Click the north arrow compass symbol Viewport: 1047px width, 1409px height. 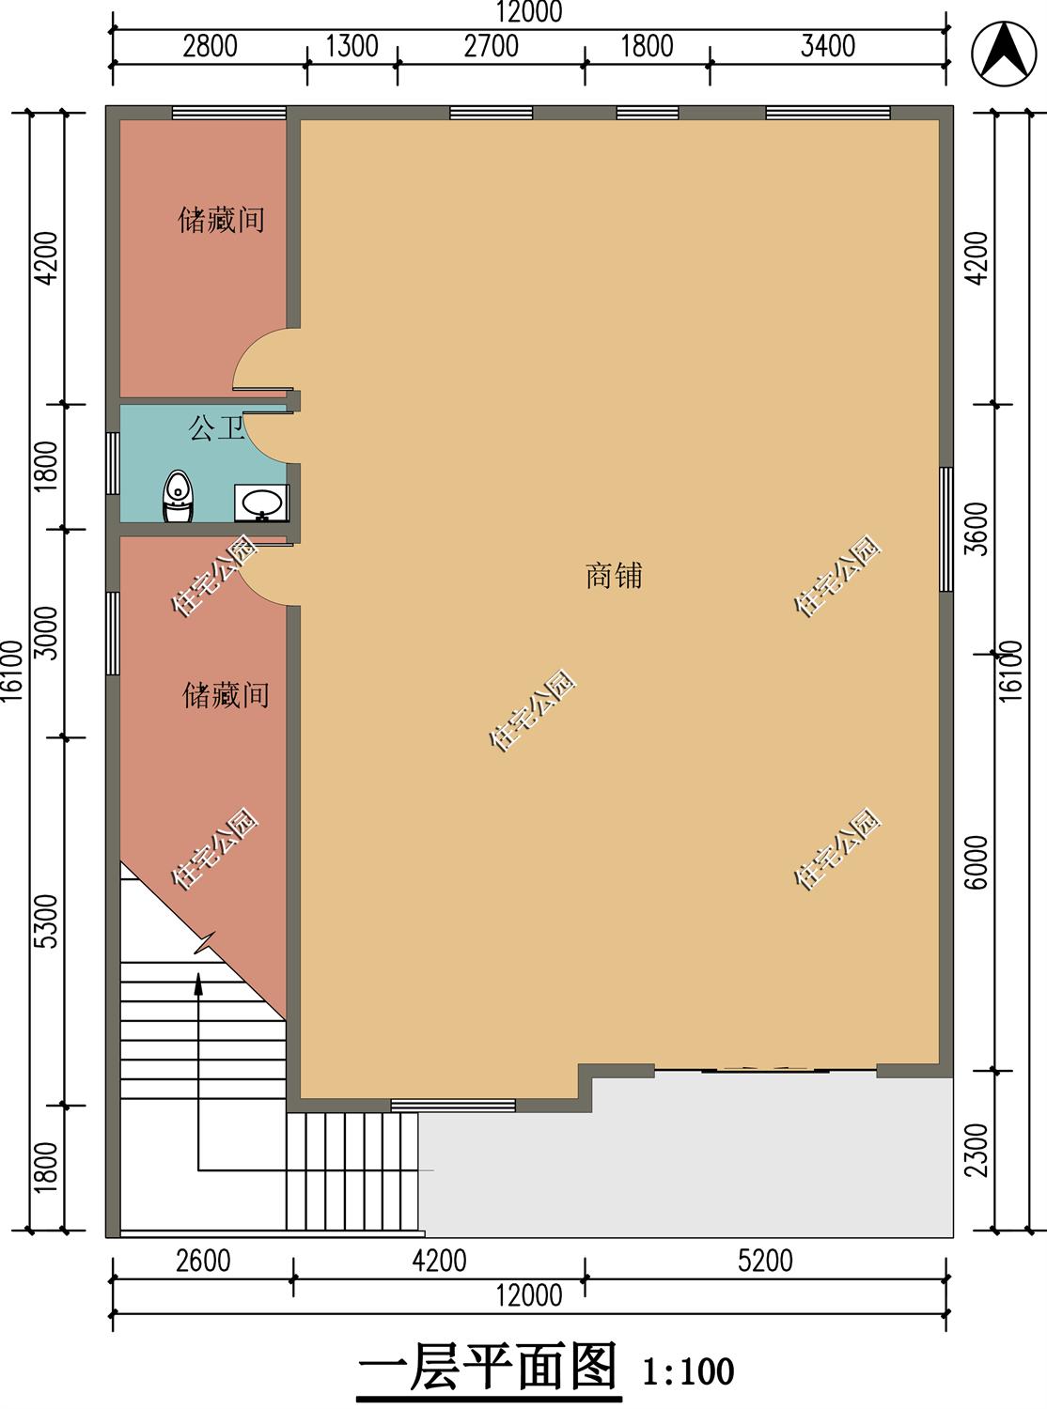[1002, 51]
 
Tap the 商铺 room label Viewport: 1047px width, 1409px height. [614, 576]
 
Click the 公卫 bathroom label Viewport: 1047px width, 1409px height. [216, 429]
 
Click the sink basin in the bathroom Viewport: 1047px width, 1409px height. [261, 503]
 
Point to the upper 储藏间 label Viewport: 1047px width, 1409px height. [222, 220]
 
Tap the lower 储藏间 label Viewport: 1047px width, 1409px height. [226, 695]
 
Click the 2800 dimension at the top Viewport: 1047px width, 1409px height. [210, 46]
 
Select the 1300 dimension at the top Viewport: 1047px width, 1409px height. [352, 46]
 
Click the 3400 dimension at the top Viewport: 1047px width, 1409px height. [827, 46]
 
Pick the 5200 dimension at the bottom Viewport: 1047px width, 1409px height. [765, 1261]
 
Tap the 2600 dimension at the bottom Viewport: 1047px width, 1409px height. [203, 1261]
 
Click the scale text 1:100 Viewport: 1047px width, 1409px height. [688, 1372]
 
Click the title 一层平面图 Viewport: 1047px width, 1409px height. [489, 1367]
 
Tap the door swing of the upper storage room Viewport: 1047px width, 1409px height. [266, 360]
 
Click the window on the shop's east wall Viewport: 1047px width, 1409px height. [946, 529]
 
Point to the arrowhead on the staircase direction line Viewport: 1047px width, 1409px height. [199, 983]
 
